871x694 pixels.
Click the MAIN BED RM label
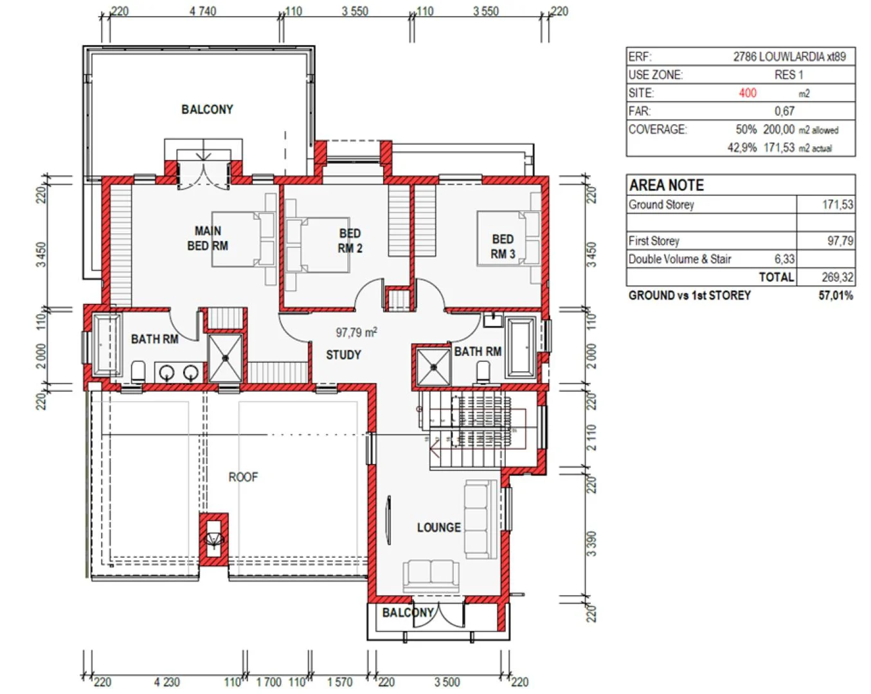[x=208, y=238]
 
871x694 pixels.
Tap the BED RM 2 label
[x=350, y=241]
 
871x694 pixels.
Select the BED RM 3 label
[x=503, y=247]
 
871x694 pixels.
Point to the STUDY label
[x=343, y=355]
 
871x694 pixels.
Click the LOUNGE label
[x=439, y=528]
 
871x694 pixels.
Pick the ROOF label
[x=243, y=477]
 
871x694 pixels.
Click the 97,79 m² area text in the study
[x=356, y=332]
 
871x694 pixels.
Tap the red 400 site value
[x=748, y=93]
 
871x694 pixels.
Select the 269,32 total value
[x=838, y=277]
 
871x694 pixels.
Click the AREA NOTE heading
[x=666, y=185]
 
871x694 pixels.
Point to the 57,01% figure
[x=836, y=296]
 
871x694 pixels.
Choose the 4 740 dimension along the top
[x=202, y=11]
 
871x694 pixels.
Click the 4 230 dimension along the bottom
[x=166, y=682]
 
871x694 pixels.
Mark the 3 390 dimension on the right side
[x=591, y=544]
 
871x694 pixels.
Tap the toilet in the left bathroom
[x=138, y=371]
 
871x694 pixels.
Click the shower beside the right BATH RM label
[x=433, y=368]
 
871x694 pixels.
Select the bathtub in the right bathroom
[x=521, y=348]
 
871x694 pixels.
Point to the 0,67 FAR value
[x=784, y=111]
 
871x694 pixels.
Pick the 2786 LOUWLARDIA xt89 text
[x=789, y=57]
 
